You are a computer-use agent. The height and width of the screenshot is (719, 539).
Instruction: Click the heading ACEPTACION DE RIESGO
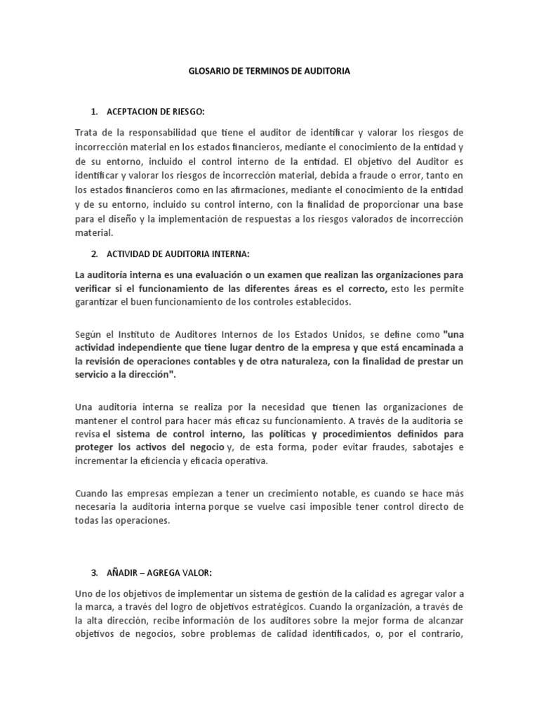[156, 112]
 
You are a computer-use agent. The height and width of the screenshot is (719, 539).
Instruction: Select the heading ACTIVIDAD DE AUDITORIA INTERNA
[175, 253]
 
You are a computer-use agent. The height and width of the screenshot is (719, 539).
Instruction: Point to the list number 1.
[93, 112]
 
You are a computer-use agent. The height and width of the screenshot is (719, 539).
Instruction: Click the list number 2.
[93, 253]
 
